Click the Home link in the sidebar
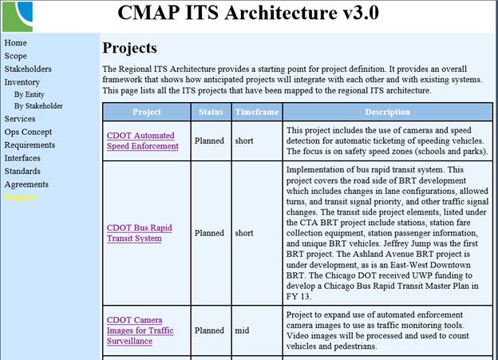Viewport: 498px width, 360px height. click(15, 43)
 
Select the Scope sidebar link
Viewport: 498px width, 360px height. click(15, 56)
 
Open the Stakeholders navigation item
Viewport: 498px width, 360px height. click(27, 69)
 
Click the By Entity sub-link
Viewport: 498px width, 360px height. click(30, 94)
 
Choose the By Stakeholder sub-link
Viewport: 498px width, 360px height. click(38, 105)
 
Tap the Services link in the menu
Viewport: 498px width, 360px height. click(19, 119)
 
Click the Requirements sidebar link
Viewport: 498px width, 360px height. click(30, 145)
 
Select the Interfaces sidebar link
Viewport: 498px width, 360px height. click(22, 158)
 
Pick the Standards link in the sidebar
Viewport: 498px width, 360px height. click(22, 171)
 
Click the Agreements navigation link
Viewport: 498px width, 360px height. click(26, 184)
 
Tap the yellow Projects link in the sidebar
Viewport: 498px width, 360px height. click(20, 197)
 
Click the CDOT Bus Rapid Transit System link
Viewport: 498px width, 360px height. click(139, 233)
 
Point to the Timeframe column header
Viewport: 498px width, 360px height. click(256, 113)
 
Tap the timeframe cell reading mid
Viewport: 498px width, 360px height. click(242, 330)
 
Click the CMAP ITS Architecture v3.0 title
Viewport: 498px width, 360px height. click(248, 14)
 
